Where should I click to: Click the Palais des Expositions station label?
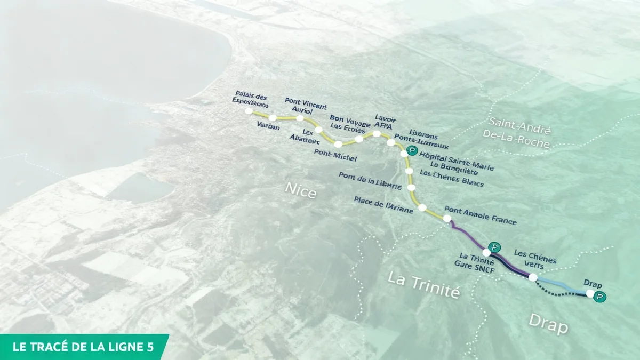pyautogui.click(x=250, y=100)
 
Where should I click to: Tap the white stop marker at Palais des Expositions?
pyautogui.click(x=249, y=111)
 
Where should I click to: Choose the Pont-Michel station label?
pyautogui.click(x=335, y=156)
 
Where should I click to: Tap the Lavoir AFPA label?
pyautogui.click(x=384, y=121)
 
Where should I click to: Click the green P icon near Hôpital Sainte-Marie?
pyautogui.click(x=411, y=151)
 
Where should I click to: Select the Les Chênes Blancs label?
pyautogui.click(x=451, y=179)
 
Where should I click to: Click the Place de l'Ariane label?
pyautogui.click(x=383, y=205)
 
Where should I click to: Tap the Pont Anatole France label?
pyautogui.click(x=480, y=215)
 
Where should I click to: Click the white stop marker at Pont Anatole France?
pyautogui.click(x=447, y=219)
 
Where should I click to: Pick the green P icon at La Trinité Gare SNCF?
pyautogui.click(x=495, y=247)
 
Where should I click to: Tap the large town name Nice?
pyautogui.click(x=300, y=190)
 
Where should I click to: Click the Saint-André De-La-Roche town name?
pyautogui.click(x=516, y=130)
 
